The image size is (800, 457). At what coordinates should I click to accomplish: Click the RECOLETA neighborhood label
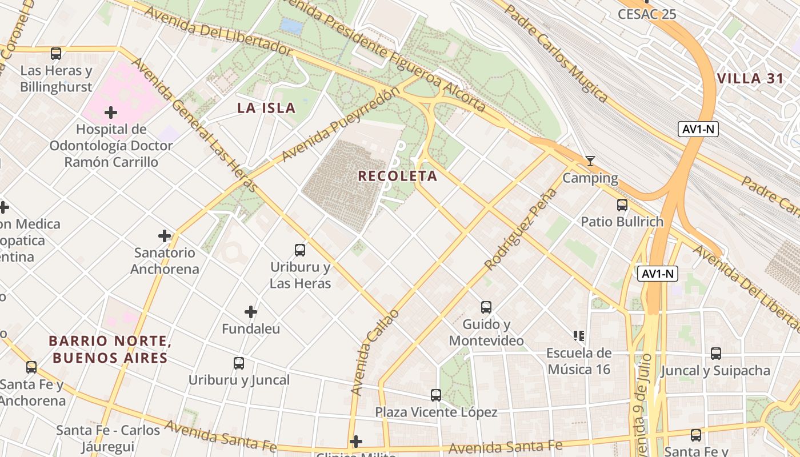point(398,176)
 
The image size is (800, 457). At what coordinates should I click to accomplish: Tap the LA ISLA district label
point(266,108)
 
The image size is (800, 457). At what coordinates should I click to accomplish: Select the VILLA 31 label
point(750,79)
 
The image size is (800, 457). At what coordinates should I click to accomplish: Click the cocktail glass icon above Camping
point(590,161)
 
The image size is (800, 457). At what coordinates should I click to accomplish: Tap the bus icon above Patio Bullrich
point(622,205)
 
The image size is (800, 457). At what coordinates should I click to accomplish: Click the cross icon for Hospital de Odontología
point(111,112)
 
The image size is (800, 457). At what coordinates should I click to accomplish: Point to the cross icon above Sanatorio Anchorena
point(165,235)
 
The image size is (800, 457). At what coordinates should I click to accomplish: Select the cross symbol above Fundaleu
point(250,312)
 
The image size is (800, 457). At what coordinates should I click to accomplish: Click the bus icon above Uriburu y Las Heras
point(300,250)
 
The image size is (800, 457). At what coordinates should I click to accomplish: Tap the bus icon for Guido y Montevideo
point(486,307)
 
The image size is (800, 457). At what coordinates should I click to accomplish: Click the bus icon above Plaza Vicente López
point(436,395)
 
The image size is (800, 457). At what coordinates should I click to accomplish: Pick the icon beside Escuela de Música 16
point(579,336)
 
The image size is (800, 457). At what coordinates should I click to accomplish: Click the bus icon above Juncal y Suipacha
point(715,354)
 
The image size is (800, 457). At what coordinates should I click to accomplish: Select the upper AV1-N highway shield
point(698,129)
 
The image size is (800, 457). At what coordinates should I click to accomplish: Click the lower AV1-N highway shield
point(658,274)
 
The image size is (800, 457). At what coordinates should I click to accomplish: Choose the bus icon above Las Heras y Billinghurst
point(55,54)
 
